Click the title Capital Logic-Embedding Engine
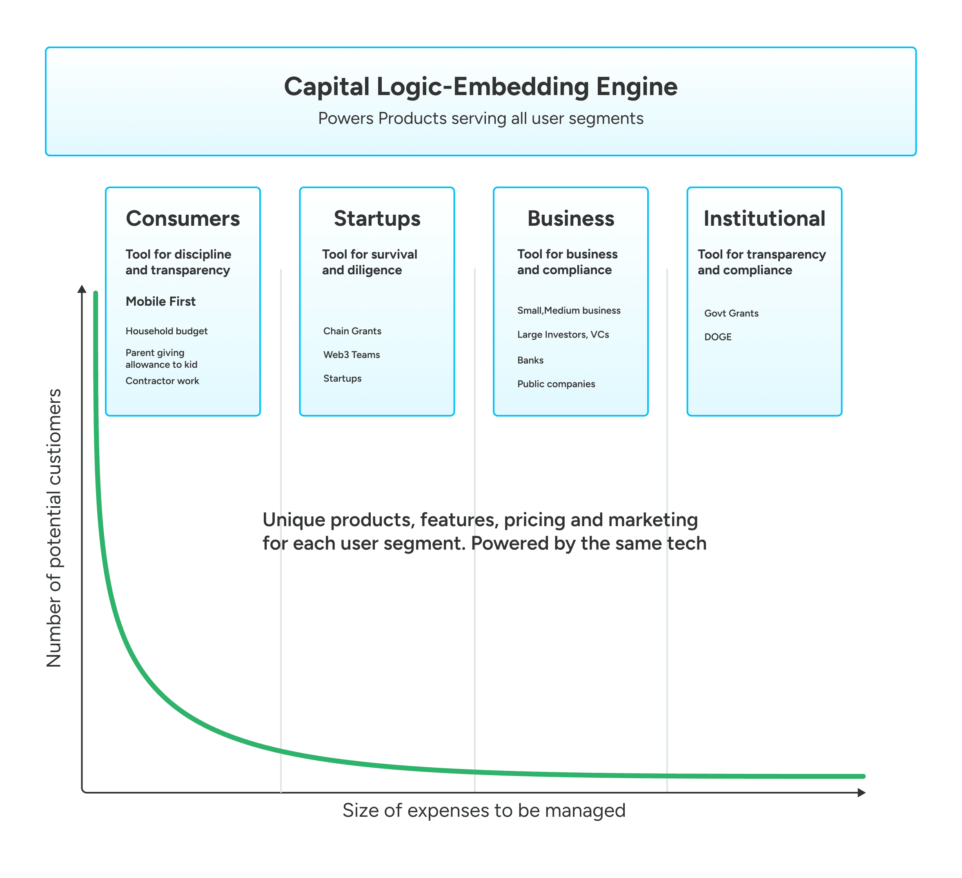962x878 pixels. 481,87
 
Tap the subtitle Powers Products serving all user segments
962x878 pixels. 481,118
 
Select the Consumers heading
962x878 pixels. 183,218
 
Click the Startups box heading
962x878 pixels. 377,218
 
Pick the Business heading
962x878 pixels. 571,218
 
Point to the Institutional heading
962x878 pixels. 764,218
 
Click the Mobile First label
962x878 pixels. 160,301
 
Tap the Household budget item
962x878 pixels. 166,331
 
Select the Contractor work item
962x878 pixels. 162,380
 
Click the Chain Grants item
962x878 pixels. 352,331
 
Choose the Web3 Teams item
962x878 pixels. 351,355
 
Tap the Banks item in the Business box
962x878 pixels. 530,360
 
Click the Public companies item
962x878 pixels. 556,384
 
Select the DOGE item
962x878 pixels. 718,337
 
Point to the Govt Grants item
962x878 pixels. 731,313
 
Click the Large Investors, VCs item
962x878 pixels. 563,334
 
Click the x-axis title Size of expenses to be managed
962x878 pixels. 484,810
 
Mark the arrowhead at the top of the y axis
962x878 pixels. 82,289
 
